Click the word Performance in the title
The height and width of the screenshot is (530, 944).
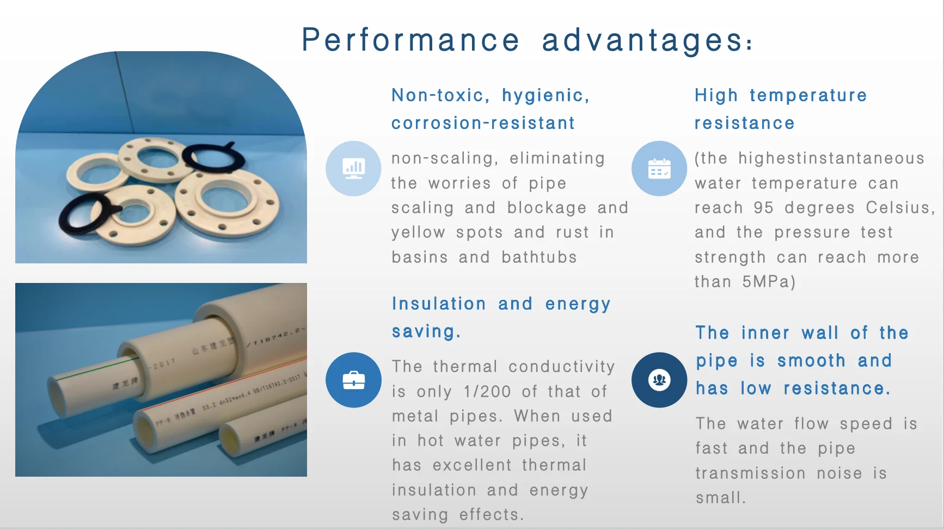[x=410, y=40]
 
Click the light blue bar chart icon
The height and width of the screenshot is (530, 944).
[x=353, y=168]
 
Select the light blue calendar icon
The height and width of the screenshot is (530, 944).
[x=659, y=169]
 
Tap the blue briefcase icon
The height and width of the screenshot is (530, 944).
[x=353, y=380]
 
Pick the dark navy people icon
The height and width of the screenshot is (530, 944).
[x=659, y=380]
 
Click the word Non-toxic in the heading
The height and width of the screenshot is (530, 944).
[x=437, y=95]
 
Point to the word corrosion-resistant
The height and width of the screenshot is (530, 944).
[x=483, y=123]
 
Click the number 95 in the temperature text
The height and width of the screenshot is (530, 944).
[x=763, y=208]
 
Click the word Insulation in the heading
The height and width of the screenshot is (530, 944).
[x=439, y=304]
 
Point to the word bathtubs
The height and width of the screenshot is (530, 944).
[x=538, y=257]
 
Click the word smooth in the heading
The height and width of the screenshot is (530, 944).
[x=811, y=360]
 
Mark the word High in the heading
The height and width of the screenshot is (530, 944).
[x=716, y=95]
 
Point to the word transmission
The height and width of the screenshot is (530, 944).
[x=750, y=473]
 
